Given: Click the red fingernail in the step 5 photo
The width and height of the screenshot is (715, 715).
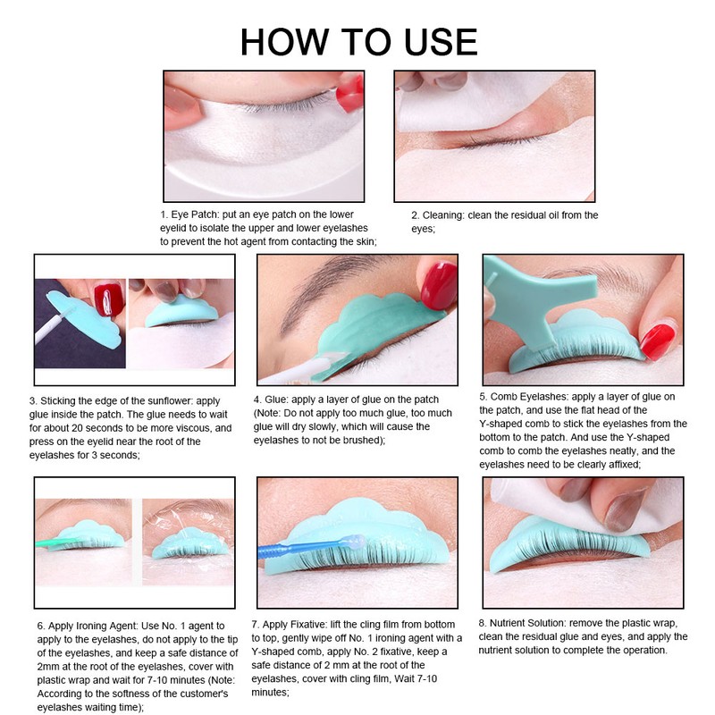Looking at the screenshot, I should coord(658,341).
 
